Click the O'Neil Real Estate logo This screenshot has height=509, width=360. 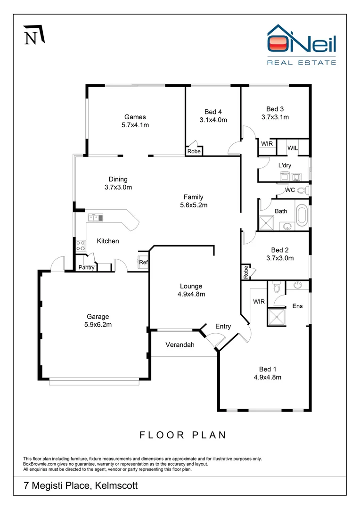(302, 45)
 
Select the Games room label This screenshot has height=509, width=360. (135, 117)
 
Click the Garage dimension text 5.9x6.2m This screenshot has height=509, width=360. (98, 324)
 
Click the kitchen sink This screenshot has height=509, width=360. (95, 217)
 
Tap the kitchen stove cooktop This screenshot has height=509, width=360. (81, 245)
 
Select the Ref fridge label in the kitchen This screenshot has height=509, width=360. (143, 263)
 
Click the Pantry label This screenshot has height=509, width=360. (86, 268)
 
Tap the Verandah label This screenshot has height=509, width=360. (180, 345)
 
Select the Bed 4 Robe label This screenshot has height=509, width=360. (194, 151)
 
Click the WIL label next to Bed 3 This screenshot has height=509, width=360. (292, 148)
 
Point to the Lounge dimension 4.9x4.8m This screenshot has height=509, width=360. (191, 294)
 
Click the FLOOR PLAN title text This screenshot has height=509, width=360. (183, 435)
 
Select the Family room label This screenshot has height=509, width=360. (193, 197)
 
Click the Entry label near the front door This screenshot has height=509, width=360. (223, 326)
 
